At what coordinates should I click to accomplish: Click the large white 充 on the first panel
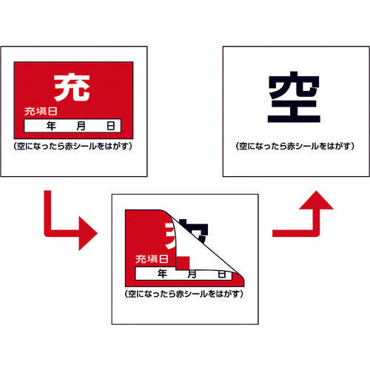tap(73, 87)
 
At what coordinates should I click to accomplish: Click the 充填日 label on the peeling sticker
tap(151, 259)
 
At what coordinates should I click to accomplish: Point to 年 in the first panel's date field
tap(51, 125)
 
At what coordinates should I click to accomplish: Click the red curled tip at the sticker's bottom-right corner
tap(238, 278)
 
